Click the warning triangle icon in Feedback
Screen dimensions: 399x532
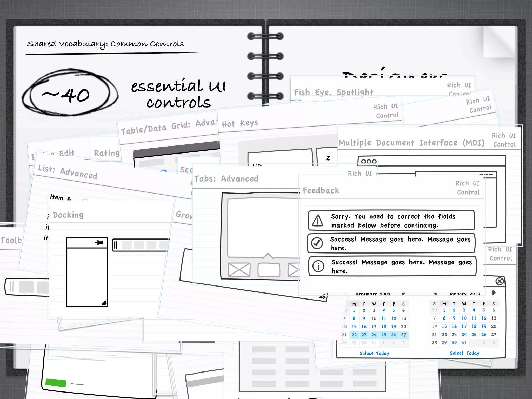(x=317, y=221)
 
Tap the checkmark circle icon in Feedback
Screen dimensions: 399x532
(x=317, y=243)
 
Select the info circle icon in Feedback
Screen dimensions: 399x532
(x=318, y=266)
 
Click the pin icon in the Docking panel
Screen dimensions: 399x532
(x=99, y=243)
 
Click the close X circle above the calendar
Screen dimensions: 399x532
(x=500, y=281)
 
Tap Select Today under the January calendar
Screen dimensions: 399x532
(x=464, y=353)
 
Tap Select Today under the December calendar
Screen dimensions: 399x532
(x=374, y=353)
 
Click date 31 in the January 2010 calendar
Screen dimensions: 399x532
(x=464, y=343)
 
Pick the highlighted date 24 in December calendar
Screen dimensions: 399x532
(x=374, y=335)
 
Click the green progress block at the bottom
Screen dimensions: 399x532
(x=56, y=383)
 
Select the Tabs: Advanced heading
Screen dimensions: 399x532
(x=226, y=179)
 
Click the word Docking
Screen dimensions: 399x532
(x=68, y=215)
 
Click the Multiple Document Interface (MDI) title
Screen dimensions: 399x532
(x=411, y=143)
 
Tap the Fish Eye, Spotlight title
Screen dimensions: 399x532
(x=334, y=92)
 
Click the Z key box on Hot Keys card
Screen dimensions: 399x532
(x=328, y=158)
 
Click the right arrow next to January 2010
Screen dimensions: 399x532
(x=494, y=293)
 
